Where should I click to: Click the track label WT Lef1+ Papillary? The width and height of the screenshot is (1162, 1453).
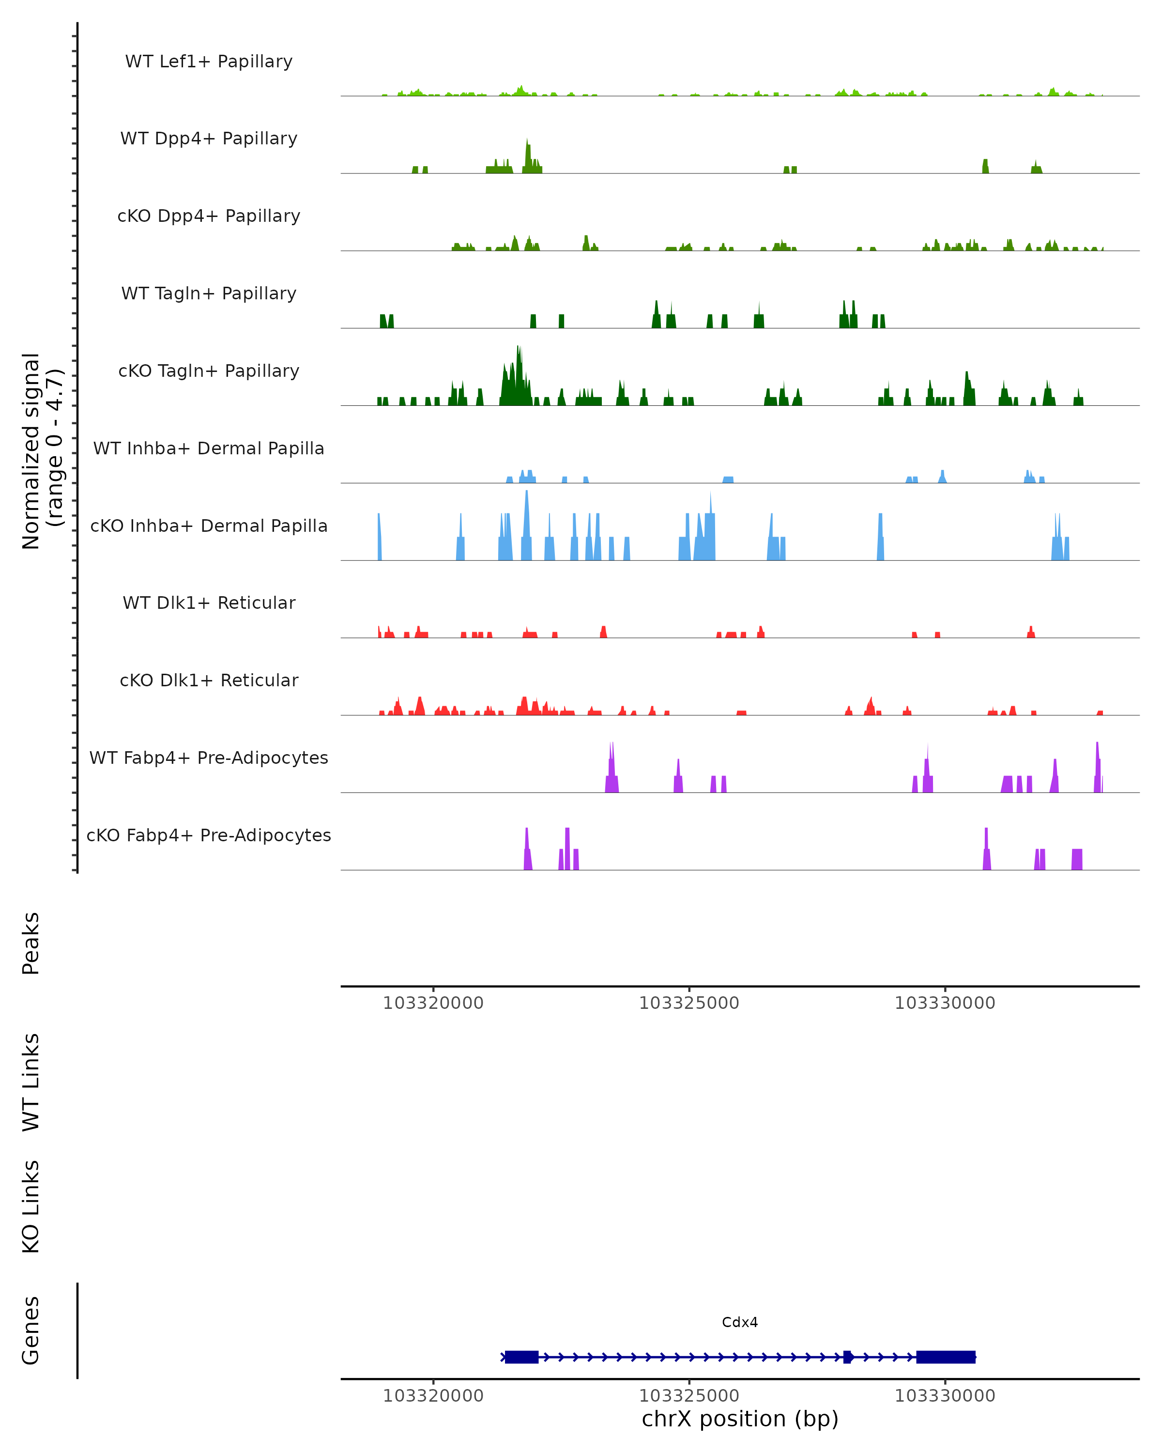(x=209, y=62)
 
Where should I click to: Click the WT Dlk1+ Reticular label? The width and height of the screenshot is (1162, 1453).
(x=209, y=603)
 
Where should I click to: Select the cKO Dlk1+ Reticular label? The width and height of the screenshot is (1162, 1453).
(x=209, y=680)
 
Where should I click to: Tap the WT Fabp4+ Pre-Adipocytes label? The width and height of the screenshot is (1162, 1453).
(x=209, y=757)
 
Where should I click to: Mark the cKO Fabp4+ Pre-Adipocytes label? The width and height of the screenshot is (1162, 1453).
(x=209, y=835)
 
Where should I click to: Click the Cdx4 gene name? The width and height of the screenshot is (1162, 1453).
(x=740, y=1322)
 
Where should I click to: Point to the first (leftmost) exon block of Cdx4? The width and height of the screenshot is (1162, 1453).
(x=521, y=1357)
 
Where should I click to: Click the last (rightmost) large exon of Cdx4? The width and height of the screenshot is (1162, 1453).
(x=945, y=1357)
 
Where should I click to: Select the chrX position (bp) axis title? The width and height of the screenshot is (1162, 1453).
(x=740, y=1419)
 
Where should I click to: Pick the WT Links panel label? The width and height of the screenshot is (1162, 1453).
(x=31, y=1082)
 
